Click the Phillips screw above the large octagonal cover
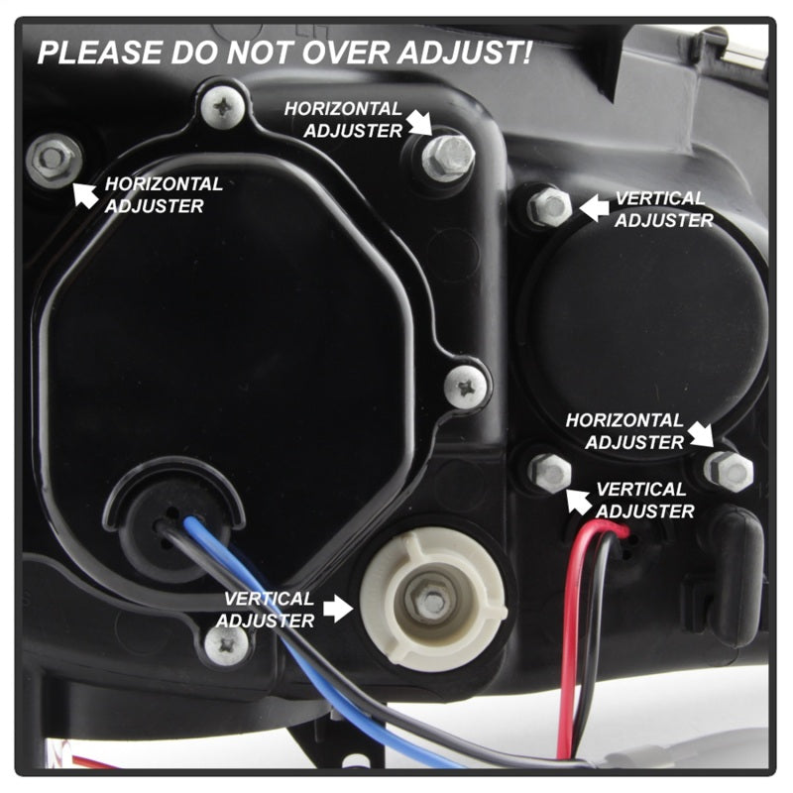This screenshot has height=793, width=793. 223,105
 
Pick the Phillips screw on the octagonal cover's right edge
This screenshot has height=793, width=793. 464,385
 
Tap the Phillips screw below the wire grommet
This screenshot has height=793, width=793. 225,644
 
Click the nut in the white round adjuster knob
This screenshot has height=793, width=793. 432,598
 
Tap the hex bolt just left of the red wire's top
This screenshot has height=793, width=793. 550,472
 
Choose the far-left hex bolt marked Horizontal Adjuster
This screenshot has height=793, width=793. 53,158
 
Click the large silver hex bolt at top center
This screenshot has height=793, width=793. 449,155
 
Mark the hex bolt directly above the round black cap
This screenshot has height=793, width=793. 549,206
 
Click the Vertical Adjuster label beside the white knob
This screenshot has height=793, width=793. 269,610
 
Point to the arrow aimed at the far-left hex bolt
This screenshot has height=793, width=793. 86,194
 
